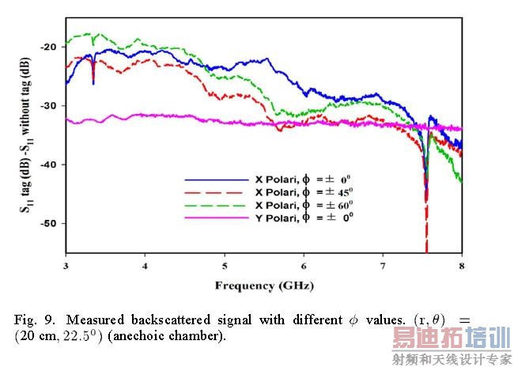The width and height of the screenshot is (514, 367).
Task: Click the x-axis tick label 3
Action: [x=66, y=266]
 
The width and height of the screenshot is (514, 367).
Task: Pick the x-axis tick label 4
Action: [x=145, y=266]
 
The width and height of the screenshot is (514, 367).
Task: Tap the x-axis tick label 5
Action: [x=225, y=266]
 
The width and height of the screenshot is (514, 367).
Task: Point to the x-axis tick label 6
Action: [x=304, y=266]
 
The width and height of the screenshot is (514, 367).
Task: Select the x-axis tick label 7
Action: [x=383, y=266]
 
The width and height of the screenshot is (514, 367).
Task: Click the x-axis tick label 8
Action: [x=462, y=266]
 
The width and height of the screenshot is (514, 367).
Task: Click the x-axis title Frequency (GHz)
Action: [x=263, y=284]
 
